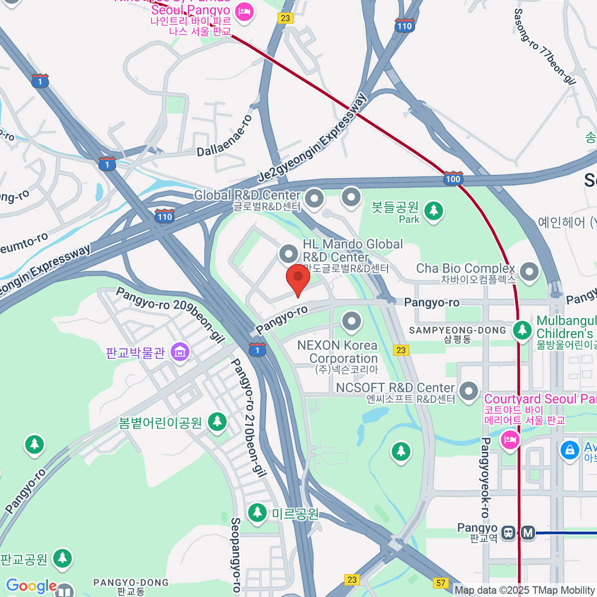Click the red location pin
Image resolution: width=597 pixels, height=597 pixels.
coord(298,279)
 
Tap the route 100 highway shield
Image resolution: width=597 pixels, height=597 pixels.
coord(453,179)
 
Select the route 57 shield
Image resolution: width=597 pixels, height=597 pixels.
coord(441,583)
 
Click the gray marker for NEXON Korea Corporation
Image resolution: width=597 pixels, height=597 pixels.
coord(352,321)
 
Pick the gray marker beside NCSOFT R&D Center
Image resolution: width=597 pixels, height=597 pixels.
coord(468,391)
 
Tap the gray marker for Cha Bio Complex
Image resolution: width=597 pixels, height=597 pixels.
coord(529,272)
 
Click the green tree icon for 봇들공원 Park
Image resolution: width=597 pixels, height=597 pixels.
coord(434,210)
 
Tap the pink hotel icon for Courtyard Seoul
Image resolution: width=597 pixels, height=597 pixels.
coord(509,440)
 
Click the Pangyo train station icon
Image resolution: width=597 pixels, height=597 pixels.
coord(508,532)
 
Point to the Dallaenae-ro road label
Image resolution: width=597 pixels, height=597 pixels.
coord(225,136)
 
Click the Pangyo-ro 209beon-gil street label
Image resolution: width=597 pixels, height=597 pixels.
coord(170,314)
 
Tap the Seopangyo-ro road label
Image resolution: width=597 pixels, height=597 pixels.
coord(236,555)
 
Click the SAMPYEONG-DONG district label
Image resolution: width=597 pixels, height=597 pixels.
coord(457,330)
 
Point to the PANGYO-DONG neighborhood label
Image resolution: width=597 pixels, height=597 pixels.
coord(131,583)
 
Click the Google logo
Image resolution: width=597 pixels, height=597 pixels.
coord(31,586)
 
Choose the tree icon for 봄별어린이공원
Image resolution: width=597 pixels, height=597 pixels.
coord(217,422)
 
